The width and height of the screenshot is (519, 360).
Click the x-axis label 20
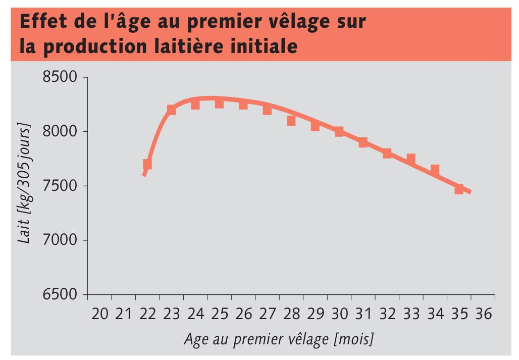coord(100,314)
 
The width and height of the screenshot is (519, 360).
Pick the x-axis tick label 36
coord(483,314)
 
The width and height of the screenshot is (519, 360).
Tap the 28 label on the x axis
coord(292,314)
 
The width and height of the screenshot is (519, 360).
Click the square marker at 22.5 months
coord(147,164)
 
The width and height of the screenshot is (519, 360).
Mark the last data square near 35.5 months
coord(458,189)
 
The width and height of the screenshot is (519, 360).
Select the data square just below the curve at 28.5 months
coord(291,121)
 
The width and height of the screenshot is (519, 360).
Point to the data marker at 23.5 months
coord(171,110)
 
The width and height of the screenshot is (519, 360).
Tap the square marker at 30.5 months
coord(339,132)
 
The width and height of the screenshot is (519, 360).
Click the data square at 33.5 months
coord(410,159)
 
